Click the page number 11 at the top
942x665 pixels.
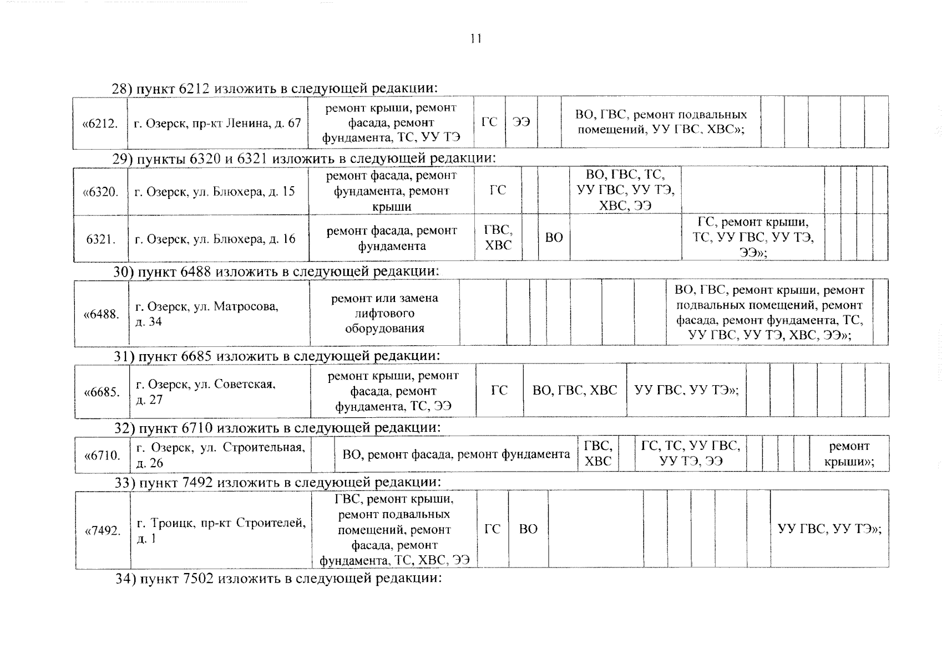pyautogui.click(x=475, y=39)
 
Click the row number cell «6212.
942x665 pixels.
pyautogui.click(x=100, y=123)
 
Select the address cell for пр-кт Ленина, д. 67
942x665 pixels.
pyautogui.click(x=217, y=123)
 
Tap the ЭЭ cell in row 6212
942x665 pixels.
pyautogui.click(x=521, y=122)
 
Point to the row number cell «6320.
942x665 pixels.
pyautogui.click(x=100, y=192)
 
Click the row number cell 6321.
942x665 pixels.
pyautogui.click(x=101, y=239)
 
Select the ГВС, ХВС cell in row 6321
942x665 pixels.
pyautogui.click(x=498, y=238)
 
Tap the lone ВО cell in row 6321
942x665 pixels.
pyautogui.click(x=554, y=238)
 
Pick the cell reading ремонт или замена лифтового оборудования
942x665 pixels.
pyautogui.click(x=384, y=313)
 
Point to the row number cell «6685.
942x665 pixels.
pyautogui.click(x=102, y=392)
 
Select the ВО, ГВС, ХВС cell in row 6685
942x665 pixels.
pyautogui.click(x=575, y=390)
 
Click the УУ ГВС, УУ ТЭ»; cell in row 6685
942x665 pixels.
pyautogui.click(x=686, y=390)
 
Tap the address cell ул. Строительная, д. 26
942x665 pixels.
pyautogui.click(x=220, y=455)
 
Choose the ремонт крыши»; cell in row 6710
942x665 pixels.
pyautogui.click(x=849, y=454)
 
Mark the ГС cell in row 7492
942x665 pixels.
pyautogui.click(x=492, y=529)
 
